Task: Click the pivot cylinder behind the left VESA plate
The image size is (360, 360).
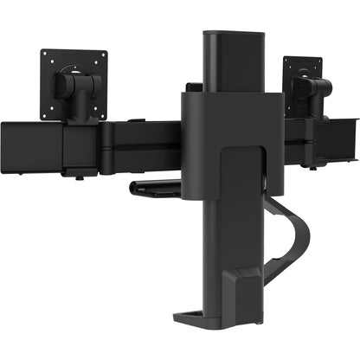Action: (x=74, y=87)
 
